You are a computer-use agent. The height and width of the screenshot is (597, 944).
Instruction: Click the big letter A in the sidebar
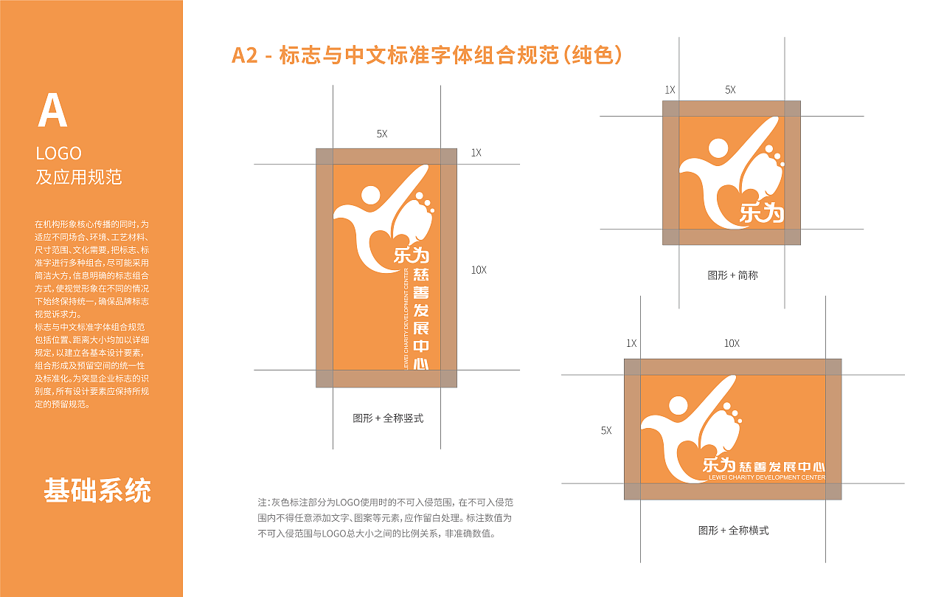point(52,112)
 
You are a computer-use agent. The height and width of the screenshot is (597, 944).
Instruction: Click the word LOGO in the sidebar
point(59,153)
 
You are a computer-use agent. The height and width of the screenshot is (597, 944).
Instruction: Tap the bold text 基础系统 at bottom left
point(97,491)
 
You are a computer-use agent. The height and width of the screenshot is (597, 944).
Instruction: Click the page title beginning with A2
point(427,55)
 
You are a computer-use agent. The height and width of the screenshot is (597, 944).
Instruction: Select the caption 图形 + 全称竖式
point(388,418)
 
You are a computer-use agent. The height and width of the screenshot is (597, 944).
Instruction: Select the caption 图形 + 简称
point(732,275)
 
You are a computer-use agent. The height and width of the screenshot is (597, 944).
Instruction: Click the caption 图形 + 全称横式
point(733,531)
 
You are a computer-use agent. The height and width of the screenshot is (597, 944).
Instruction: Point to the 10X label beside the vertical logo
point(479,270)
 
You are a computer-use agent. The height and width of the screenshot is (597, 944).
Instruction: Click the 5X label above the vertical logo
point(381,134)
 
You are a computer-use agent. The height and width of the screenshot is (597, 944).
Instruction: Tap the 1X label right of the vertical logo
point(476,153)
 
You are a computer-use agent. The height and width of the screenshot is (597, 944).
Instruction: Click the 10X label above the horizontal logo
point(731,344)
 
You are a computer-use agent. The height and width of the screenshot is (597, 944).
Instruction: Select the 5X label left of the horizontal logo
point(605,430)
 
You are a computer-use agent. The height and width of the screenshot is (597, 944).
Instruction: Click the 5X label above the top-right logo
point(729,90)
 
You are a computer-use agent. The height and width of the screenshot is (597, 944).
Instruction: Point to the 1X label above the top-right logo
point(670,90)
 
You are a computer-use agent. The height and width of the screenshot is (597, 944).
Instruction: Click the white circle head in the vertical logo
point(370,196)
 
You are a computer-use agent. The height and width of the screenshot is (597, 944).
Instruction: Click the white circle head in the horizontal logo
point(677,405)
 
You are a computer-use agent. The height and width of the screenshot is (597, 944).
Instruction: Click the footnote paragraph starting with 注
point(384,517)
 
